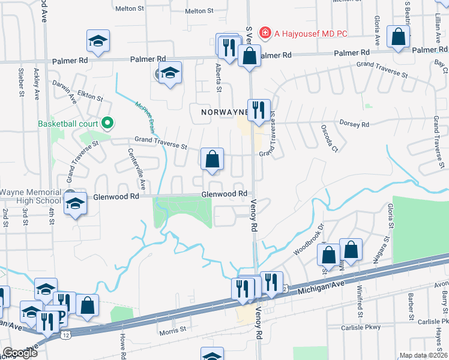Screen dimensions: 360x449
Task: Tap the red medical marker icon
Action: pos(264,32)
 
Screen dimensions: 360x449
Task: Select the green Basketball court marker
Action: pos(108,124)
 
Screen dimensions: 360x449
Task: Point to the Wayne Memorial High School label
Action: pos(31,196)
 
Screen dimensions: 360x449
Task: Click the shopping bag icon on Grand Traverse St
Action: pos(212,160)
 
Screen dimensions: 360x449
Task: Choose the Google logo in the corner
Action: pos(20,353)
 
